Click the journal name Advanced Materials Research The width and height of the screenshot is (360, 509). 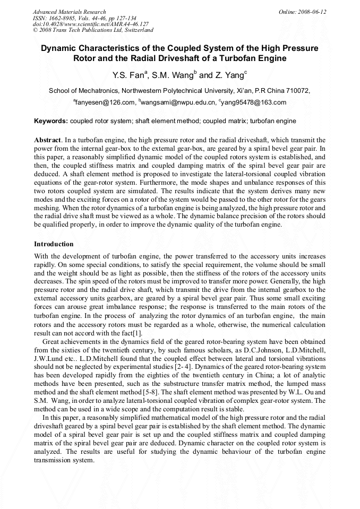pyautogui.click(x=69, y=12)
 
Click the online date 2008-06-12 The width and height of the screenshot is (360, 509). pyautogui.click(x=313, y=12)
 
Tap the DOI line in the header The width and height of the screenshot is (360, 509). pyautogui.click(x=90, y=24)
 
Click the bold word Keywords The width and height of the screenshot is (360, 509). pyautogui.click(x=51, y=121)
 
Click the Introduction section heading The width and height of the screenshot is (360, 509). pyautogui.click(x=54, y=244)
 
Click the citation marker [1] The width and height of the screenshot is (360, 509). pyautogui.click(x=137, y=333)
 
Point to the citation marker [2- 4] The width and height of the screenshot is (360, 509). pyautogui.click(x=184, y=367)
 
